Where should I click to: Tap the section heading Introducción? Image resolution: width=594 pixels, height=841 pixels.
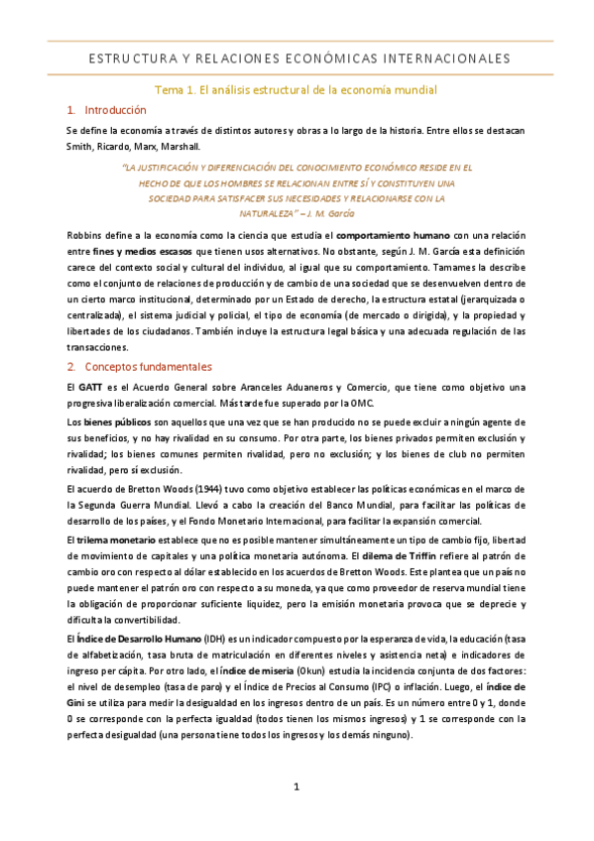pyautogui.click(x=115, y=110)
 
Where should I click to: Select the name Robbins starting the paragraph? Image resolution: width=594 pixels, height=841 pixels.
pyautogui.click(x=84, y=235)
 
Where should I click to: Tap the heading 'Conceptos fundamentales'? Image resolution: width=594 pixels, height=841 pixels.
pyautogui.click(x=148, y=366)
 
